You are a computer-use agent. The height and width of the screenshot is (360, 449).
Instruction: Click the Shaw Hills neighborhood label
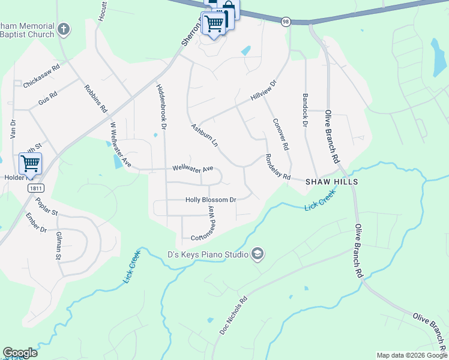pos(331,181)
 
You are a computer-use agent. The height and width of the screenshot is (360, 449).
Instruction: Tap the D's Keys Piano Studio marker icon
pos(258,254)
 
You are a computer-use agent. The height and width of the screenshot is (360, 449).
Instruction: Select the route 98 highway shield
pos(286,21)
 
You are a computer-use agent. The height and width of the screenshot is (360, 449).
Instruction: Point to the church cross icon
pos(64,29)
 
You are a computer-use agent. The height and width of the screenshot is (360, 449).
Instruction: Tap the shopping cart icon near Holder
pos(30,163)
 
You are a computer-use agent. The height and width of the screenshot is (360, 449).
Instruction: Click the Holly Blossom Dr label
pos(211,200)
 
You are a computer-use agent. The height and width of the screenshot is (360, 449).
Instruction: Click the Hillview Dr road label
pos(264,91)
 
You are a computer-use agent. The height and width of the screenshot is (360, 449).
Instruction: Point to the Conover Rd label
pos(281,134)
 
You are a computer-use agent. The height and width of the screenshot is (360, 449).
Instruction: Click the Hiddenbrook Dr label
pos(160,104)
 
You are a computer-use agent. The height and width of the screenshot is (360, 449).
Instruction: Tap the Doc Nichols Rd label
pos(233,317)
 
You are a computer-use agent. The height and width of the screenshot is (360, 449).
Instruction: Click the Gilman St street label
pos(58,246)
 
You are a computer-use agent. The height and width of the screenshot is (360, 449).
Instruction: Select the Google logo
pos(20,353)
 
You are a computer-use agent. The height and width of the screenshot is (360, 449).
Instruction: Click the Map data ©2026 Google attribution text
pos(411,355)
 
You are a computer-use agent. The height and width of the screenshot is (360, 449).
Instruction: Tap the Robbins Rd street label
pos(95,99)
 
